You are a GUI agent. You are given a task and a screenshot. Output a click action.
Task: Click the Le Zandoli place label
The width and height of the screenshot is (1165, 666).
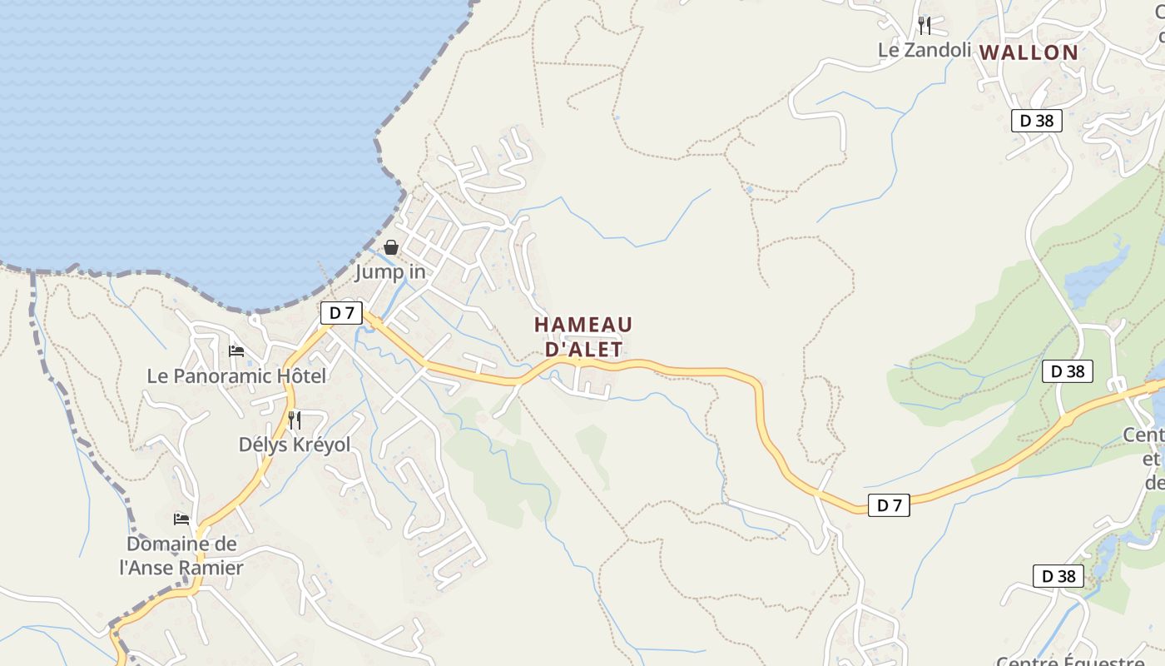(925, 50)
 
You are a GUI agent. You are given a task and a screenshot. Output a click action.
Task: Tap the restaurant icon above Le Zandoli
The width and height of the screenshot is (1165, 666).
(925, 25)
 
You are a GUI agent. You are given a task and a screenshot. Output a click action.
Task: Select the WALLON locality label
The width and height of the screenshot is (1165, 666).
(1029, 52)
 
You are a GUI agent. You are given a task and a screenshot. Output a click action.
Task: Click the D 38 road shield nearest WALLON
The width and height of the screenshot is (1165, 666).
(1037, 121)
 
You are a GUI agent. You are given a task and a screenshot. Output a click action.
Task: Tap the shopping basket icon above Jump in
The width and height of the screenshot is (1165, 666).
(391, 247)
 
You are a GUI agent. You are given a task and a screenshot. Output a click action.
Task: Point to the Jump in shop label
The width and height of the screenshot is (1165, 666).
(390, 272)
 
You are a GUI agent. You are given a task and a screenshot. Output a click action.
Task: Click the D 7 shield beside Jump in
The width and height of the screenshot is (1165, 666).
(341, 313)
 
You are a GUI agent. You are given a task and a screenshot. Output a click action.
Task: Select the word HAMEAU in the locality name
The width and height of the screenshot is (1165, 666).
(583, 324)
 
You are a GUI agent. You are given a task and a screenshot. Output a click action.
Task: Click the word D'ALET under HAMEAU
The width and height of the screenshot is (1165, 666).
(583, 349)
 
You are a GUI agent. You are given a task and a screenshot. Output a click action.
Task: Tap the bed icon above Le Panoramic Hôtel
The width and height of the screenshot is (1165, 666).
(236, 351)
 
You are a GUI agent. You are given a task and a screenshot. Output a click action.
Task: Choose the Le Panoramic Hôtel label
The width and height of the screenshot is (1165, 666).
(236, 376)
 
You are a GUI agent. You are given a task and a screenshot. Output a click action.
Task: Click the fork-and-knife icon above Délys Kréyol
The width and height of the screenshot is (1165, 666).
(295, 420)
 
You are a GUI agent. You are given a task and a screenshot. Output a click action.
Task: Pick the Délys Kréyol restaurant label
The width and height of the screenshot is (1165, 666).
(295, 445)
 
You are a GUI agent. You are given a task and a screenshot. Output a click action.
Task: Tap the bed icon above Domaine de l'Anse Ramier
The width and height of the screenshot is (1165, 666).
(181, 519)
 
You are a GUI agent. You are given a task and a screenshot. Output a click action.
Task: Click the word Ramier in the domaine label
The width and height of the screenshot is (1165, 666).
(211, 568)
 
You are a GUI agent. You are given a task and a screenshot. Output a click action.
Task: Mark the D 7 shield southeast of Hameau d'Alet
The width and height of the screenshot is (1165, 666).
(889, 504)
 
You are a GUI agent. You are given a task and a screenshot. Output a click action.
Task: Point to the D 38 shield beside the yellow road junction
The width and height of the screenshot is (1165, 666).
(1068, 371)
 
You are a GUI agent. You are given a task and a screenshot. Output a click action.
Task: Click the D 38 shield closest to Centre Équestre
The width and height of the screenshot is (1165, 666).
(1058, 575)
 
